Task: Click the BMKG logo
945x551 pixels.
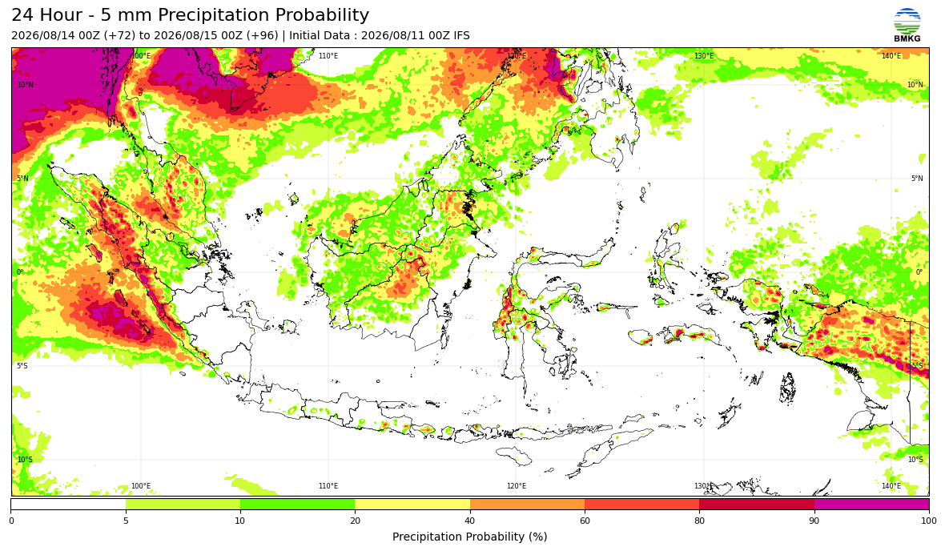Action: click(x=907, y=26)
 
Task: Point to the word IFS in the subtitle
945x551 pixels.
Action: click(x=461, y=35)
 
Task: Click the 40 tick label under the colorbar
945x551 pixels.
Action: click(x=470, y=521)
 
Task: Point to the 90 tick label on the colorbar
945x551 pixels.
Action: click(x=814, y=521)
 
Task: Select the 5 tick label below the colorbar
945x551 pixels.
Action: click(x=126, y=521)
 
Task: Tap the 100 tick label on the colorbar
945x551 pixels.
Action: click(x=929, y=521)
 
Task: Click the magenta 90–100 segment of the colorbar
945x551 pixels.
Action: click(x=871, y=505)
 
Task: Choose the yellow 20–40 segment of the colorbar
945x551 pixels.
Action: click(x=412, y=505)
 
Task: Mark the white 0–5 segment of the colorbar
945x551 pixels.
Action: click(x=68, y=505)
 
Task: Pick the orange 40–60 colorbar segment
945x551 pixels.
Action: click(x=527, y=505)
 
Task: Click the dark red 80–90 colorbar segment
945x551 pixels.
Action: click(x=757, y=505)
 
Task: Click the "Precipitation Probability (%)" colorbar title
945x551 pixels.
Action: click(x=469, y=537)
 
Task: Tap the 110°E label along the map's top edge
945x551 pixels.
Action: click(x=328, y=56)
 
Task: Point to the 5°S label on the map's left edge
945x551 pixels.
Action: click(x=22, y=366)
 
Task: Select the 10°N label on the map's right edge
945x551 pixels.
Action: click(x=915, y=85)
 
